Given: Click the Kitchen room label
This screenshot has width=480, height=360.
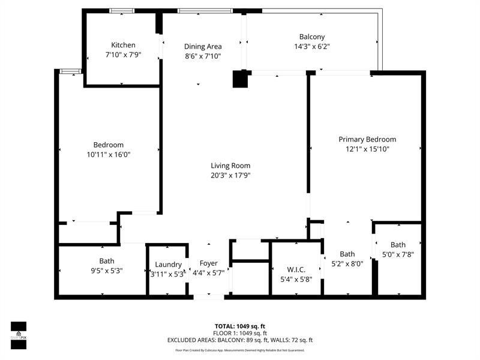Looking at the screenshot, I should (123, 45).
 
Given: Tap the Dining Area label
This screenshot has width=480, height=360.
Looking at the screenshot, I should (203, 46).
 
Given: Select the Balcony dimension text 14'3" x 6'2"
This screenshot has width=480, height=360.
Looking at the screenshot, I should (312, 46).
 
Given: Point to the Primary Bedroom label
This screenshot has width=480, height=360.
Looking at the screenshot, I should (367, 139).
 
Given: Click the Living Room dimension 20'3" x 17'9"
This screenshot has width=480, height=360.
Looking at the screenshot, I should (230, 176).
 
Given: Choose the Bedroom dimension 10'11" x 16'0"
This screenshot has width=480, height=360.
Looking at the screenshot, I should (109, 154).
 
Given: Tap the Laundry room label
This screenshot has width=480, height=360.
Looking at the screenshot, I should (168, 265).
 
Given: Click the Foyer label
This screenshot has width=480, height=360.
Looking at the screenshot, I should (209, 263).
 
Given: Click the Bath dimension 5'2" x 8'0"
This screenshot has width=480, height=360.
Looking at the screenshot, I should (347, 263).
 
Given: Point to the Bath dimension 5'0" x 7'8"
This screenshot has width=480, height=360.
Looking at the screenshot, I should (398, 254).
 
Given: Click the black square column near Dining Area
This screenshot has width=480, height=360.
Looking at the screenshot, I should (241, 79).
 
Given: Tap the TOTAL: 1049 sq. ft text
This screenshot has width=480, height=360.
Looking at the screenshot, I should (240, 326).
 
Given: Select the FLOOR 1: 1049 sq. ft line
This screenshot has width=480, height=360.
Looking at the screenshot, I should (240, 333).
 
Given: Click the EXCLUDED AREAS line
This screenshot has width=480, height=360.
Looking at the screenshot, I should (240, 340).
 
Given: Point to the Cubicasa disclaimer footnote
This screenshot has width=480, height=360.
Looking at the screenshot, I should (240, 350).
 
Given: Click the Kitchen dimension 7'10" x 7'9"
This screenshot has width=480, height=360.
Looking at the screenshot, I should (123, 55).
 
